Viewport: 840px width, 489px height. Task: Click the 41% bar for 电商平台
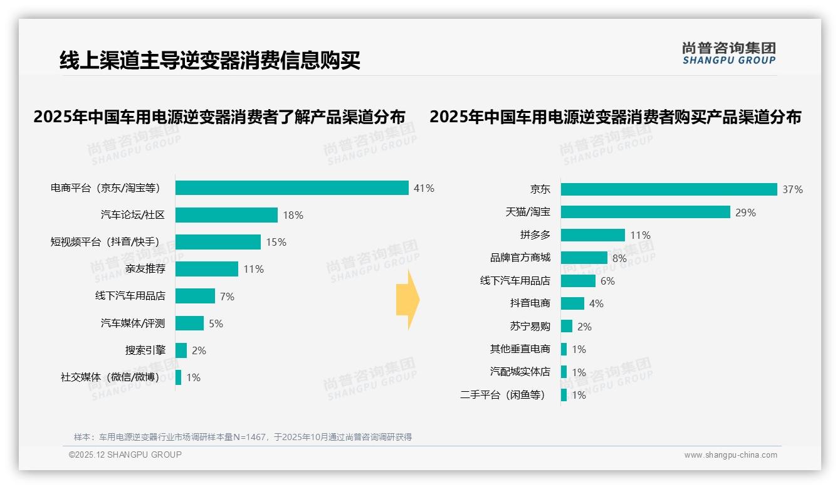tap(292, 188)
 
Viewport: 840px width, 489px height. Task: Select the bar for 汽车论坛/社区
tap(226, 215)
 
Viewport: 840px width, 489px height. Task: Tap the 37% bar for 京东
tap(669, 189)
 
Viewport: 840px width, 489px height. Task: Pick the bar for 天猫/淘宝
tap(645, 212)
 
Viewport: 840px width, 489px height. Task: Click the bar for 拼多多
tap(592, 235)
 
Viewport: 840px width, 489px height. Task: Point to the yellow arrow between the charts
tap(408, 300)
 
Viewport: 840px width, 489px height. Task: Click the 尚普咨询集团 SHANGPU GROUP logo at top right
tap(728, 53)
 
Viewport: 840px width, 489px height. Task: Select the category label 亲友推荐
tap(145, 269)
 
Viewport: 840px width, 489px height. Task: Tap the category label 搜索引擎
tap(145, 350)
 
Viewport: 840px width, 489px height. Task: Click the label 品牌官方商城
tap(520, 258)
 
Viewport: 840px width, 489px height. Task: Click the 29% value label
tap(745, 213)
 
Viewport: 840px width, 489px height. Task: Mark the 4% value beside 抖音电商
tap(596, 303)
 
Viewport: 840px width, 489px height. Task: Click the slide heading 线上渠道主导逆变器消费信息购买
tap(210, 61)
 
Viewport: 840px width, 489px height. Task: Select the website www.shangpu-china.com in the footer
tap(730, 455)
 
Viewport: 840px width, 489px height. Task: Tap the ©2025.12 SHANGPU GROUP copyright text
tap(125, 455)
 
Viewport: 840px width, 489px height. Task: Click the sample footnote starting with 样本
tap(243, 437)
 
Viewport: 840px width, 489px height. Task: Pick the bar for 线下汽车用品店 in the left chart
tap(195, 296)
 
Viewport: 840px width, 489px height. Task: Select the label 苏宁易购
tap(530, 326)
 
